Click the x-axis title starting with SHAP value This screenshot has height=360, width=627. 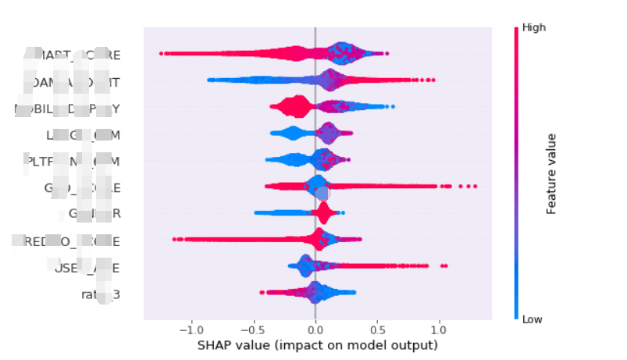pyautogui.click(x=317, y=345)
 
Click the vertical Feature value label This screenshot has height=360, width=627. pyautogui.click(x=551, y=173)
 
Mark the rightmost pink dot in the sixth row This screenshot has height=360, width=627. pyautogui.click(x=475, y=187)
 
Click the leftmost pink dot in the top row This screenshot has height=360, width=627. pyautogui.click(x=161, y=54)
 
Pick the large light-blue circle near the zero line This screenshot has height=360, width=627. pyautogui.click(x=322, y=193)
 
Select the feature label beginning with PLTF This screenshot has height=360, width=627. pyautogui.click(x=70, y=161)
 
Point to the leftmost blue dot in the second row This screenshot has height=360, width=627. pyautogui.click(x=208, y=80)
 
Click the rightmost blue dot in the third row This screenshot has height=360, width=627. pyautogui.click(x=394, y=107)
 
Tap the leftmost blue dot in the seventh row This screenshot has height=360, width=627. pyautogui.click(x=255, y=213)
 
